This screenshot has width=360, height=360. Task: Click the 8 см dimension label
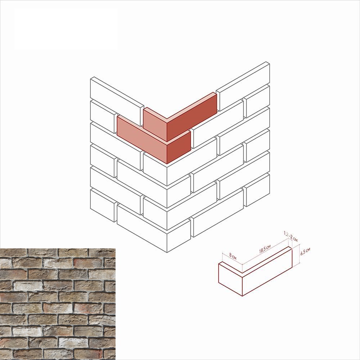pyautogui.click(x=233, y=256)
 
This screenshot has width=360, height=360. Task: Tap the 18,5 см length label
pyautogui.click(x=265, y=249)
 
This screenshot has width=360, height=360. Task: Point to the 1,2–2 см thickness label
pyautogui.click(x=291, y=237)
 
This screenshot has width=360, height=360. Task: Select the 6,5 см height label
pyautogui.click(x=305, y=251)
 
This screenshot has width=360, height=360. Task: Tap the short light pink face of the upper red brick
pyautogui.click(x=155, y=124)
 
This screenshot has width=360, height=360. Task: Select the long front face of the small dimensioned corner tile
pyautogui.click(x=267, y=273)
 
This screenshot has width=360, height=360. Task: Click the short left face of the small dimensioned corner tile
pyautogui.click(x=230, y=280)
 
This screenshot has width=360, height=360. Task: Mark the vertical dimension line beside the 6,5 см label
pyautogui.click(x=299, y=256)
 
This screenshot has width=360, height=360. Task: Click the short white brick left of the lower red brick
pyautogui.click(x=104, y=117)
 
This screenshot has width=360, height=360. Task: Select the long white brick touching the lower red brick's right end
pyautogui.click(x=217, y=124)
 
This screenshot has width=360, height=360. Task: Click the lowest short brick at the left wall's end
pyautogui.click(x=104, y=205)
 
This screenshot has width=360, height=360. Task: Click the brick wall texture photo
pyautogui.click(x=58, y=304)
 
